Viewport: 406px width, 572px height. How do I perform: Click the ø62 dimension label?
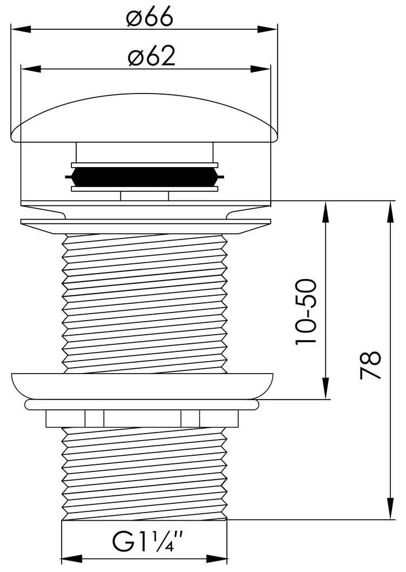(x=152, y=57)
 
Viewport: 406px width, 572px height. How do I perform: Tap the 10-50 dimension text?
(x=305, y=311)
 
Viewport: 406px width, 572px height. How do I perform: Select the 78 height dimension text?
(x=370, y=365)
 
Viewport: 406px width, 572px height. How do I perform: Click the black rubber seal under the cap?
(x=144, y=177)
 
